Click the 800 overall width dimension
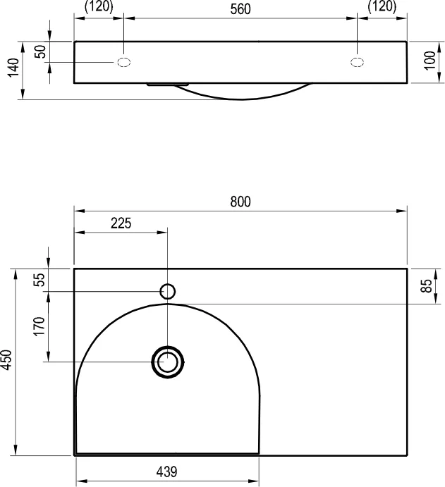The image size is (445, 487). click(x=240, y=202)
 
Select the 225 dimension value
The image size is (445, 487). click(x=121, y=223)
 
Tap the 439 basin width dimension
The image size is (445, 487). click(x=166, y=471)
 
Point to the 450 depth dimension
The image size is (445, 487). click(x=7, y=359)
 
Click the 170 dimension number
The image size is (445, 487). click(x=39, y=326)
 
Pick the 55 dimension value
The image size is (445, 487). click(x=39, y=280)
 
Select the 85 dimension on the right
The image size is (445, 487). click(x=427, y=285)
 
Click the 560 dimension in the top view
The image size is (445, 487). click(x=240, y=9)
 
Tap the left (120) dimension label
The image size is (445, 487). click(x=99, y=6)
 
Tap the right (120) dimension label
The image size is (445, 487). click(x=382, y=6)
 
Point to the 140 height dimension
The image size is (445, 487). click(x=13, y=68)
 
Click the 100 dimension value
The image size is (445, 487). click(x=430, y=61)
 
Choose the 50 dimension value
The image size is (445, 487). click(x=41, y=51)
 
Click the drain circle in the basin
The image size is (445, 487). click(x=168, y=362)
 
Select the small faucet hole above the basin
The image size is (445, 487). click(x=168, y=292)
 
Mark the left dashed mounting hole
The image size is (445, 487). click(x=123, y=62)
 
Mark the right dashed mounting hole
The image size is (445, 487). click(x=357, y=62)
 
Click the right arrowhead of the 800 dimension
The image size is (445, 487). click(x=402, y=211)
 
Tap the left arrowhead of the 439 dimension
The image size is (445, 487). click(x=81, y=481)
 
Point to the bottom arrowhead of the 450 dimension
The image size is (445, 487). click(x=16, y=450)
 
